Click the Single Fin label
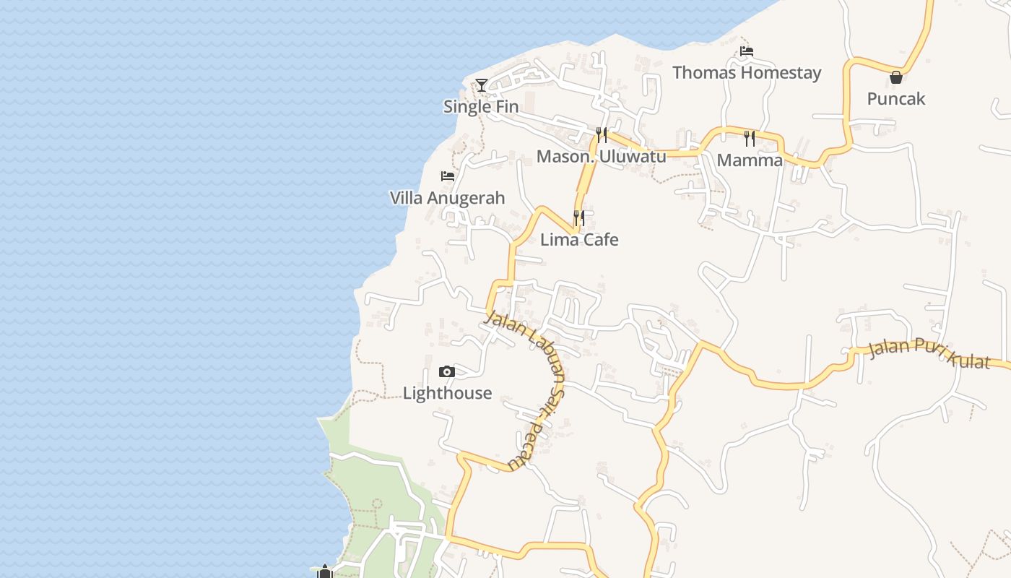(481, 107)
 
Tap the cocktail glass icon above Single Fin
(482, 85)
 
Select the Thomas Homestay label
(747, 73)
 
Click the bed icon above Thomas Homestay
(747, 51)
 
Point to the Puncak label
(895, 99)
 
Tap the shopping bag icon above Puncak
(896, 77)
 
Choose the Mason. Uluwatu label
(601, 157)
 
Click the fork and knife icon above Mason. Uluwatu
(601, 135)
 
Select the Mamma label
(750, 160)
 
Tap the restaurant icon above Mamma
(750, 138)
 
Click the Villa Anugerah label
(447, 198)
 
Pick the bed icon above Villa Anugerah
(448, 176)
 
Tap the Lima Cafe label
(579, 240)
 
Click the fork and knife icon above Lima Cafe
(579, 217)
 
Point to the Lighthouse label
(447, 394)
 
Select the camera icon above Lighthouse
(447, 372)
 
